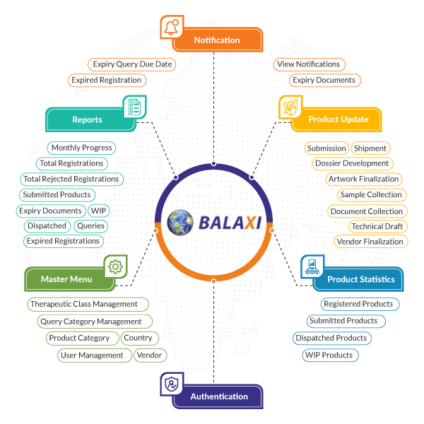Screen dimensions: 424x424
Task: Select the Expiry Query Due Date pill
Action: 132,64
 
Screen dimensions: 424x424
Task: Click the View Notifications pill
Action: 309,64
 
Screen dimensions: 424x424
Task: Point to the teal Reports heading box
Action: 88,120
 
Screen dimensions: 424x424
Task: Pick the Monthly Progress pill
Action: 82,148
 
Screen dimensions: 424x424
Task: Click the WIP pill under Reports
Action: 99,211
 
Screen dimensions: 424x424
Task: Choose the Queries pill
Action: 90,226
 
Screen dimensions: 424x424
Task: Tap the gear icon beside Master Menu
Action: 116,266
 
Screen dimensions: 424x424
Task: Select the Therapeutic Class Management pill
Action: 84,304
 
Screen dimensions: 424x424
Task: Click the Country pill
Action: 138,338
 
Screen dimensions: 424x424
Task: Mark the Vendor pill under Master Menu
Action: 150,355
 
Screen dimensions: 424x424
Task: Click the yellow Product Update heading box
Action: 338,119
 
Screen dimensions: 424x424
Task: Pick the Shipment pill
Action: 370,148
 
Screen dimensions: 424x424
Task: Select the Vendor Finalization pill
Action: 370,242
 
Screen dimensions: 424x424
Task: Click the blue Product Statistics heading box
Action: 360,279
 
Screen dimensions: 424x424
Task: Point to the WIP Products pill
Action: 329,355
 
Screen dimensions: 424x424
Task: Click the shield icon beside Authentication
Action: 171,384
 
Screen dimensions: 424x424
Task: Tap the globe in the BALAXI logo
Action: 180,222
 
